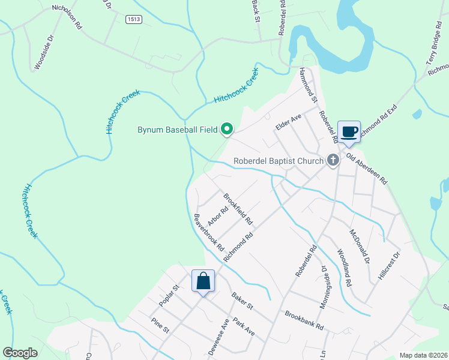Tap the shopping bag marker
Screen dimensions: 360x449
pyautogui.click(x=203, y=281)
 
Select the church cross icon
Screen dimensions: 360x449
pyautogui.click(x=334, y=160)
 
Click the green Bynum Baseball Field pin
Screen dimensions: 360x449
pyautogui.click(x=228, y=128)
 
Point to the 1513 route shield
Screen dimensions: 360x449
pyautogui.click(x=134, y=20)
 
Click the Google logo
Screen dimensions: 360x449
pyautogui.click(x=20, y=353)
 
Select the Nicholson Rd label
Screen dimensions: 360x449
pyautogui.click(x=66, y=13)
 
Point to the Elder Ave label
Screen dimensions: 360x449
pyautogui.click(x=288, y=122)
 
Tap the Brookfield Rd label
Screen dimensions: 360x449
pyautogui.click(x=238, y=209)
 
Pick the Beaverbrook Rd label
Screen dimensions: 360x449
pyautogui.click(x=209, y=232)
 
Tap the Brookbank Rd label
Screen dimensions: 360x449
pyautogui.click(x=304, y=320)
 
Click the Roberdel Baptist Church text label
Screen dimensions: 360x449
pyautogui.click(x=279, y=161)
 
